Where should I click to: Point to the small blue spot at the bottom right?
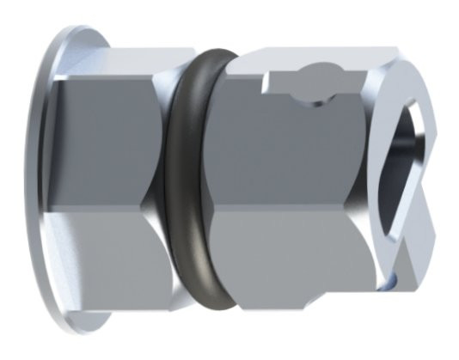click(x=392, y=281)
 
